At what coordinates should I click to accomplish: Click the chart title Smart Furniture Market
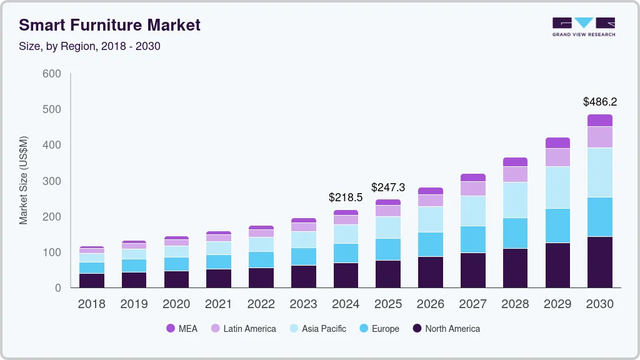click(x=110, y=25)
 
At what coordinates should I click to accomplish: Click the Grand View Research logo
click(x=583, y=27)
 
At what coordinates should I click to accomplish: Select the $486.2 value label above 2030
click(x=599, y=102)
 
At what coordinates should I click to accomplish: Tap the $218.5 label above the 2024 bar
click(x=346, y=197)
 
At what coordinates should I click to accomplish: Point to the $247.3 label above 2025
click(x=388, y=187)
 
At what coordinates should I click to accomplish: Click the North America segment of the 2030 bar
click(x=599, y=262)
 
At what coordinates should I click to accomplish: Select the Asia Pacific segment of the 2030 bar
click(x=599, y=172)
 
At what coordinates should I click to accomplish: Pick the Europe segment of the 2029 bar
click(x=557, y=226)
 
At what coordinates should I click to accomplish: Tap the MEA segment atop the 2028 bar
click(x=515, y=162)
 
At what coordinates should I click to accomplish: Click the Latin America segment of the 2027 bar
click(x=472, y=189)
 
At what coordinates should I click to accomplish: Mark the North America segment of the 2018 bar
click(x=91, y=281)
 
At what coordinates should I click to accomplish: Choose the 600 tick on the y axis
click(x=52, y=74)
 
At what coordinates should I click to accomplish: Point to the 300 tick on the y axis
click(x=52, y=181)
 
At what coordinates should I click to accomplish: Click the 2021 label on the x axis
click(x=218, y=304)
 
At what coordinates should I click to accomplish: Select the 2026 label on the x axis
click(x=430, y=304)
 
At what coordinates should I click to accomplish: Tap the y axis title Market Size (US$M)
click(x=24, y=180)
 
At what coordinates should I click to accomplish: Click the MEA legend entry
click(x=181, y=329)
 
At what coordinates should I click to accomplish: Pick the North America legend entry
click(x=446, y=329)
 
